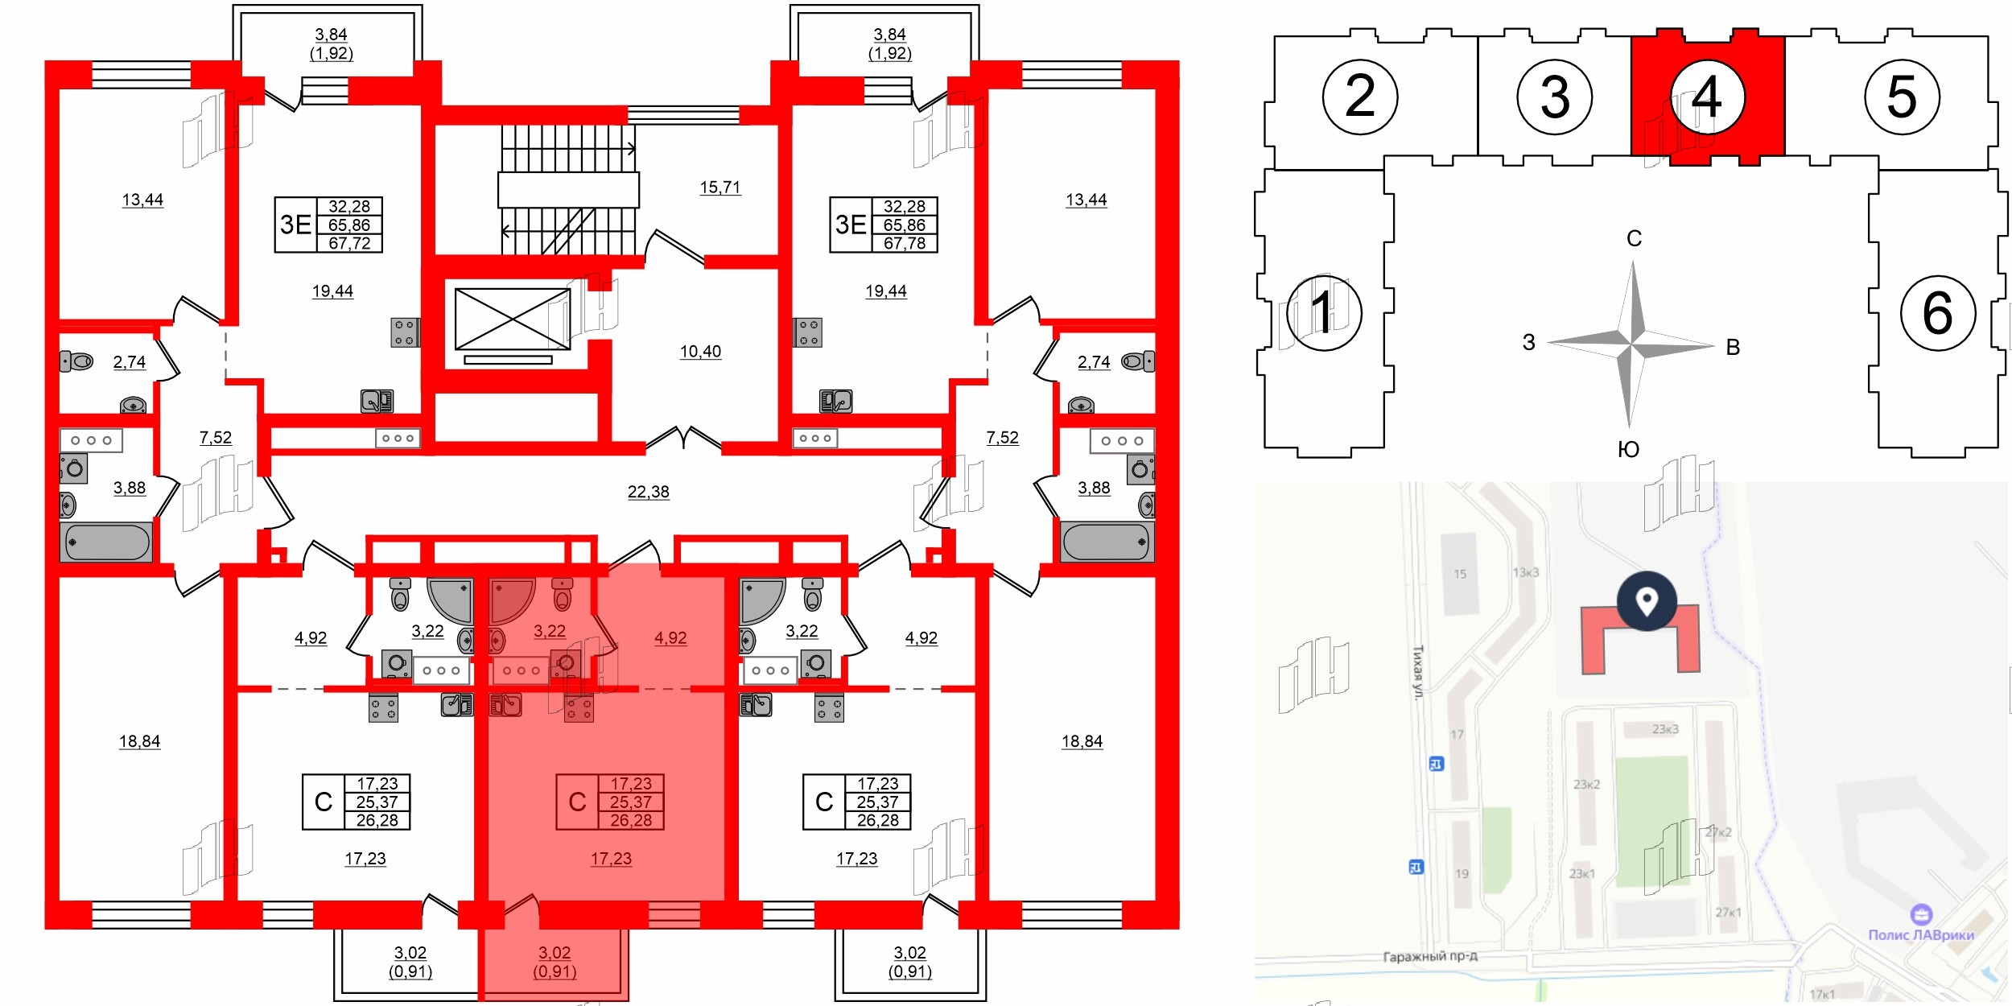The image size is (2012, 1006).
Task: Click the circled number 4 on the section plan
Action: point(1707,97)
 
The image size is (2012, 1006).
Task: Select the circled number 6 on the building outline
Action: point(1937,313)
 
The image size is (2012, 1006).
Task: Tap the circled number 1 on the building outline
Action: point(1324,312)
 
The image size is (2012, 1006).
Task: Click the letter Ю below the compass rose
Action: point(1628,450)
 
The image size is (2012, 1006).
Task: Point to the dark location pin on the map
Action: point(1647,600)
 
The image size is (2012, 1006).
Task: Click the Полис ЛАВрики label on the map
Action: point(1921,934)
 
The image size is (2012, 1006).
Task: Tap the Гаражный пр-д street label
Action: point(1430,956)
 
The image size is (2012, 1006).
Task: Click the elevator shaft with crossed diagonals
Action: point(513,320)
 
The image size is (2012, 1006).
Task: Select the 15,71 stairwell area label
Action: point(719,188)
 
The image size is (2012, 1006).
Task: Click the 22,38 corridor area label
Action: point(648,492)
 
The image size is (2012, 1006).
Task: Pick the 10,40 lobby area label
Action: point(700,352)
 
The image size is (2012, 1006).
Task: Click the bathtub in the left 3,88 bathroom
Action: point(106,542)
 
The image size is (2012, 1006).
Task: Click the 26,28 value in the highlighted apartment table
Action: point(630,820)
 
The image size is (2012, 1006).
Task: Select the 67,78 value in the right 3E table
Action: point(904,243)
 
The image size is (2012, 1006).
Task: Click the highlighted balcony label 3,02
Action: point(555,953)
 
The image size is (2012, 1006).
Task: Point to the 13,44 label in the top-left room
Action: point(142,200)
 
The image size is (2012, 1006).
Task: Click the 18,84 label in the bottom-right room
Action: point(1082,741)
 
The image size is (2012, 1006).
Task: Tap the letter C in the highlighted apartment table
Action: point(577,802)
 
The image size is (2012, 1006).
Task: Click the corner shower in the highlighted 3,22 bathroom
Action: point(509,600)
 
